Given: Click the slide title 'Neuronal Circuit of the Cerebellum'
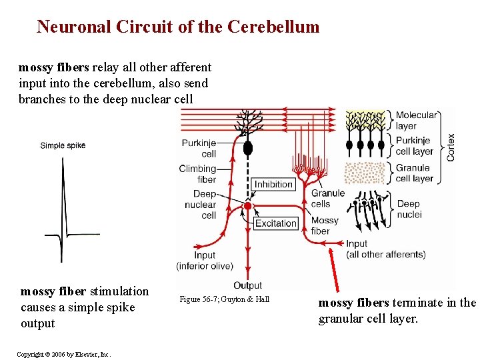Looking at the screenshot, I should click(x=178, y=27).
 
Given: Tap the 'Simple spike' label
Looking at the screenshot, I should click(x=63, y=145).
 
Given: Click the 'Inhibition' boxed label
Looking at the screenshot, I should click(x=273, y=184).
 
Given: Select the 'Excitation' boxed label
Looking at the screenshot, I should click(x=275, y=223).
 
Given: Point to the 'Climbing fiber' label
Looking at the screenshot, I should click(x=198, y=174).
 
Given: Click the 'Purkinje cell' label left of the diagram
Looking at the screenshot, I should click(x=199, y=148).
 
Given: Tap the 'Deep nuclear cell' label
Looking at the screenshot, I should click(x=201, y=205).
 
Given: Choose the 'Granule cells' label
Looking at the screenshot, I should click(x=328, y=198).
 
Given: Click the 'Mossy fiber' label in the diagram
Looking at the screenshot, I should click(x=325, y=225).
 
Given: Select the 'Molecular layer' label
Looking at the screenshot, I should click(x=416, y=121).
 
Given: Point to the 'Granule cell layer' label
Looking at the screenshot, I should click(x=414, y=173).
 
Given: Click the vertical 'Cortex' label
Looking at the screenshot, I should click(x=451, y=147).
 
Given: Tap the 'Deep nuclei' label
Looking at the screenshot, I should click(x=409, y=209).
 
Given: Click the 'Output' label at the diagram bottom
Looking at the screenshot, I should click(x=248, y=285).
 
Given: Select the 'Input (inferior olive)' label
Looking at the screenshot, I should click(x=205, y=261).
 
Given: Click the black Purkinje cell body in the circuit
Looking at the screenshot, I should click(x=248, y=148).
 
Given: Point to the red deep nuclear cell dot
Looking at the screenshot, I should click(x=248, y=207).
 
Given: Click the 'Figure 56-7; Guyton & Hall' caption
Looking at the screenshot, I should click(x=225, y=299).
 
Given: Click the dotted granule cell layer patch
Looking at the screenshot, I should click(x=365, y=173).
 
